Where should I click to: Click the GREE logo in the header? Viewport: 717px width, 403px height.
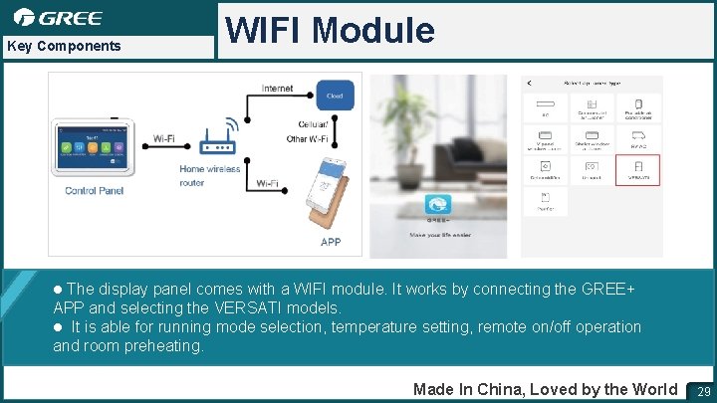pyautogui.click(x=58, y=17)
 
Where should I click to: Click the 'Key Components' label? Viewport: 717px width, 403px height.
pyautogui.click(x=63, y=46)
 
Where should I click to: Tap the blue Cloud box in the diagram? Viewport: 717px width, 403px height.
pyautogui.click(x=335, y=96)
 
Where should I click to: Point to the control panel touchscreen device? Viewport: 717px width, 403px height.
pyautogui.click(x=92, y=149)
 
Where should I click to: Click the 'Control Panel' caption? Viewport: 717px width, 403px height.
pyautogui.click(x=95, y=190)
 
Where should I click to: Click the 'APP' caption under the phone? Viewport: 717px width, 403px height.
pyautogui.click(x=331, y=242)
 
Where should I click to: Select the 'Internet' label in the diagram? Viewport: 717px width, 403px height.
pyautogui.click(x=277, y=89)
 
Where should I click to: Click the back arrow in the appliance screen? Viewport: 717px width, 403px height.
pyautogui.click(x=529, y=83)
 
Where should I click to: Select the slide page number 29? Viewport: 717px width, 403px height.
pyautogui.click(x=703, y=390)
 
